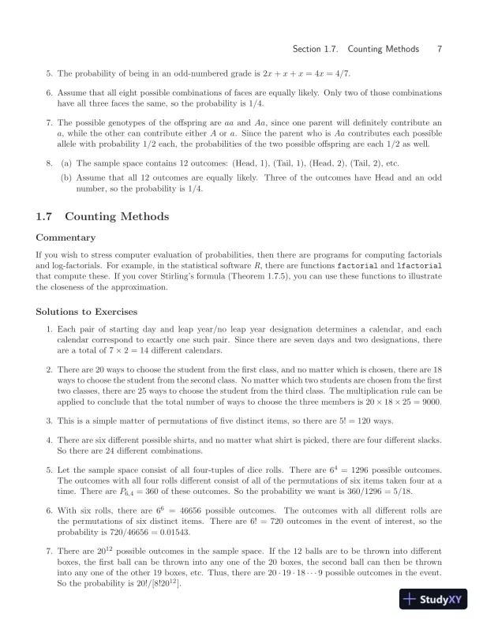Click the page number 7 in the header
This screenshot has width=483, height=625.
tap(439, 49)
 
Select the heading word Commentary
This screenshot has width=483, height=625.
tap(66, 238)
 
